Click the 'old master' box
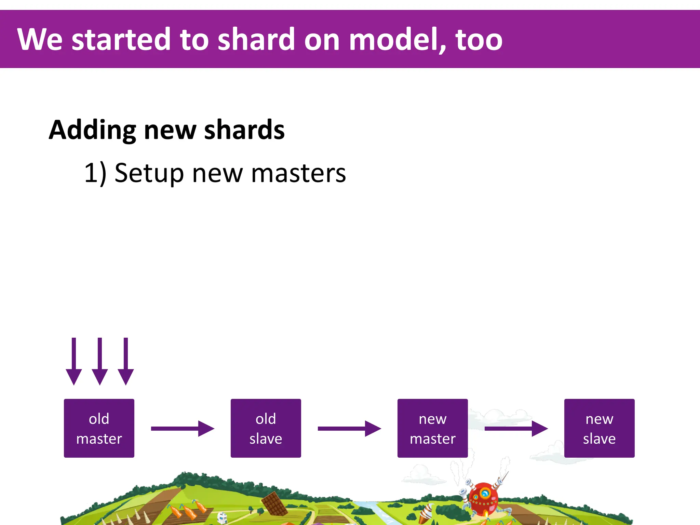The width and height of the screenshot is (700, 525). click(99, 428)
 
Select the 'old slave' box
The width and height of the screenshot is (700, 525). click(266, 428)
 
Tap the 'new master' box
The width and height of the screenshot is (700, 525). click(432, 428)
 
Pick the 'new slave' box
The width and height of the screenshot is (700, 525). click(599, 428)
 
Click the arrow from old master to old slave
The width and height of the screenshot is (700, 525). click(182, 429)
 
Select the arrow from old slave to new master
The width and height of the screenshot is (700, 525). click(349, 429)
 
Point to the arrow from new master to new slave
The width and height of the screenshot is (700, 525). click(516, 429)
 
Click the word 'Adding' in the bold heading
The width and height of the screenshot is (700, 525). click(92, 131)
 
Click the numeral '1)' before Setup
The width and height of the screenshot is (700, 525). click(95, 174)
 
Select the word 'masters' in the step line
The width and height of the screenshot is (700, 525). click(298, 174)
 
